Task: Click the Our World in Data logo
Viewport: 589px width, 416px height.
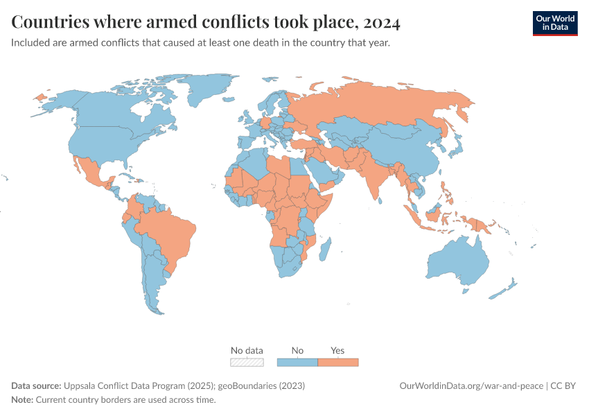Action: (554, 23)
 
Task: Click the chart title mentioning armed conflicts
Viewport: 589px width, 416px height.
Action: (206, 23)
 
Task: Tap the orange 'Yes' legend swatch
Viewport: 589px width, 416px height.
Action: (337, 362)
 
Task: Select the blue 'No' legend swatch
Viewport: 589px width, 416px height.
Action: (297, 362)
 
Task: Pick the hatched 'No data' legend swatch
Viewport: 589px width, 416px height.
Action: (247, 362)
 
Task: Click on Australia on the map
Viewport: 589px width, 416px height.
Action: (457, 260)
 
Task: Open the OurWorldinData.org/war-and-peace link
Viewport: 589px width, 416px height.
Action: (472, 385)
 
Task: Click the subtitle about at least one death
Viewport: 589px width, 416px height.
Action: (200, 43)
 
